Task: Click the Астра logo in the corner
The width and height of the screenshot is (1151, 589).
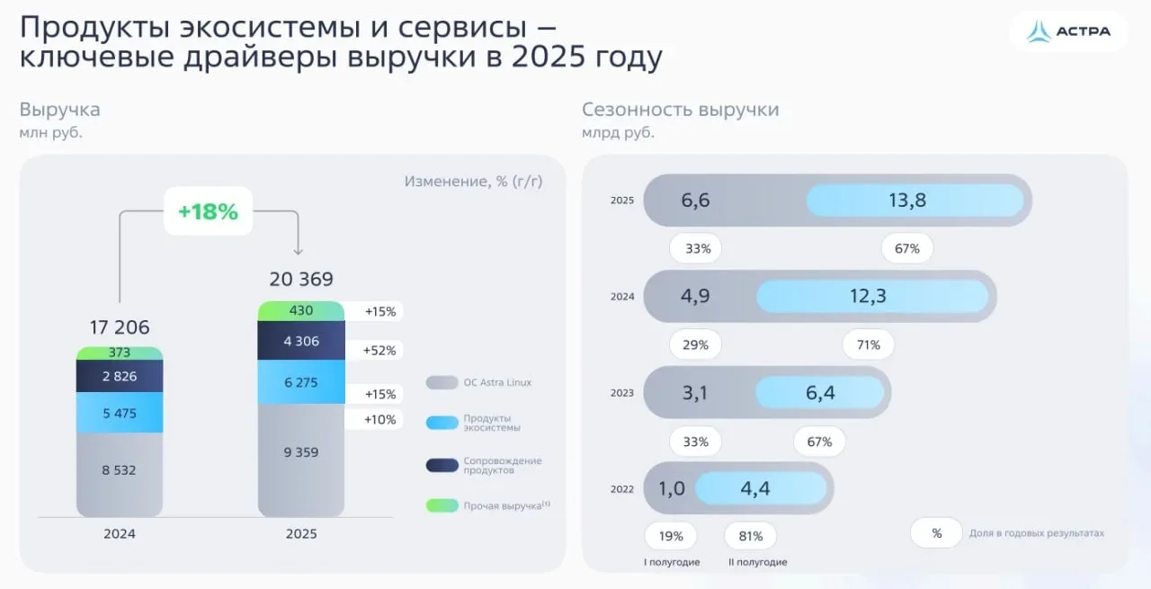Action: pyautogui.click(x=1068, y=31)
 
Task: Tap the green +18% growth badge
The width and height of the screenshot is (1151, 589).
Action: pyautogui.click(x=208, y=211)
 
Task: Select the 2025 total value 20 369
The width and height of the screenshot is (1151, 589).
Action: pyautogui.click(x=301, y=279)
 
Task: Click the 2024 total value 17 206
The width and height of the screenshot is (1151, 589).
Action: pyautogui.click(x=120, y=326)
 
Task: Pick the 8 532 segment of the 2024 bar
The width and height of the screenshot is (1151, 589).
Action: pyautogui.click(x=120, y=469)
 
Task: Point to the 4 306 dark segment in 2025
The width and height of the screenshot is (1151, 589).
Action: pyautogui.click(x=301, y=342)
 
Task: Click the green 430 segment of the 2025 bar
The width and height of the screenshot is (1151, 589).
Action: pyautogui.click(x=301, y=311)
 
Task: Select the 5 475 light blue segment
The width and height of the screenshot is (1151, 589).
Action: pyautogui.click(x=120, y=412)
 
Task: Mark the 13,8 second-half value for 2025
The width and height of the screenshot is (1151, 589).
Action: pyautogui.click(x=907, y=201)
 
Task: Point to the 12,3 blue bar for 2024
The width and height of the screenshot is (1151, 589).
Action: pyautogui.click(x=868, y=296)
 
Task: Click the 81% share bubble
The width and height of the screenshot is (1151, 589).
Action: pyautogui.click(x=750, y=536)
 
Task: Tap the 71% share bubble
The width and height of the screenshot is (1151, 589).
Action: pyautogui.click(x=868, y=344)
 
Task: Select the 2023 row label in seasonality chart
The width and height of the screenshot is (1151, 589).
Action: pyautogui.click(x=622, y=393)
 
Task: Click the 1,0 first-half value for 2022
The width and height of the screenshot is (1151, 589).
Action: pyautogui.click(x=671, y=488)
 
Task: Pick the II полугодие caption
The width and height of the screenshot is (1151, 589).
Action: pyautogui.click(x=757, y=562)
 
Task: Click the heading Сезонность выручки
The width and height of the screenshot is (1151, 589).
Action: pyautogui.click(x=680, y=110)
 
